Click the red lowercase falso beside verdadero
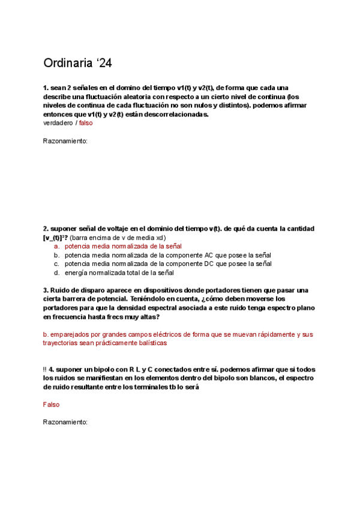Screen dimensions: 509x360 coord(86,123)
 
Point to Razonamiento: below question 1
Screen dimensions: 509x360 coord(65,141)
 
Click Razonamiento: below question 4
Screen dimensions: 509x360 coord(65,422)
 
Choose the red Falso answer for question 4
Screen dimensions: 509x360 coord(52,405)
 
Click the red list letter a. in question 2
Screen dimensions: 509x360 coord(56,246)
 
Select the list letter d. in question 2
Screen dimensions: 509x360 coord(56,273)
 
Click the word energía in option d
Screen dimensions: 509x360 coord(77,273)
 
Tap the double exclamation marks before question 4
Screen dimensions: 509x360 coord(45,370)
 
